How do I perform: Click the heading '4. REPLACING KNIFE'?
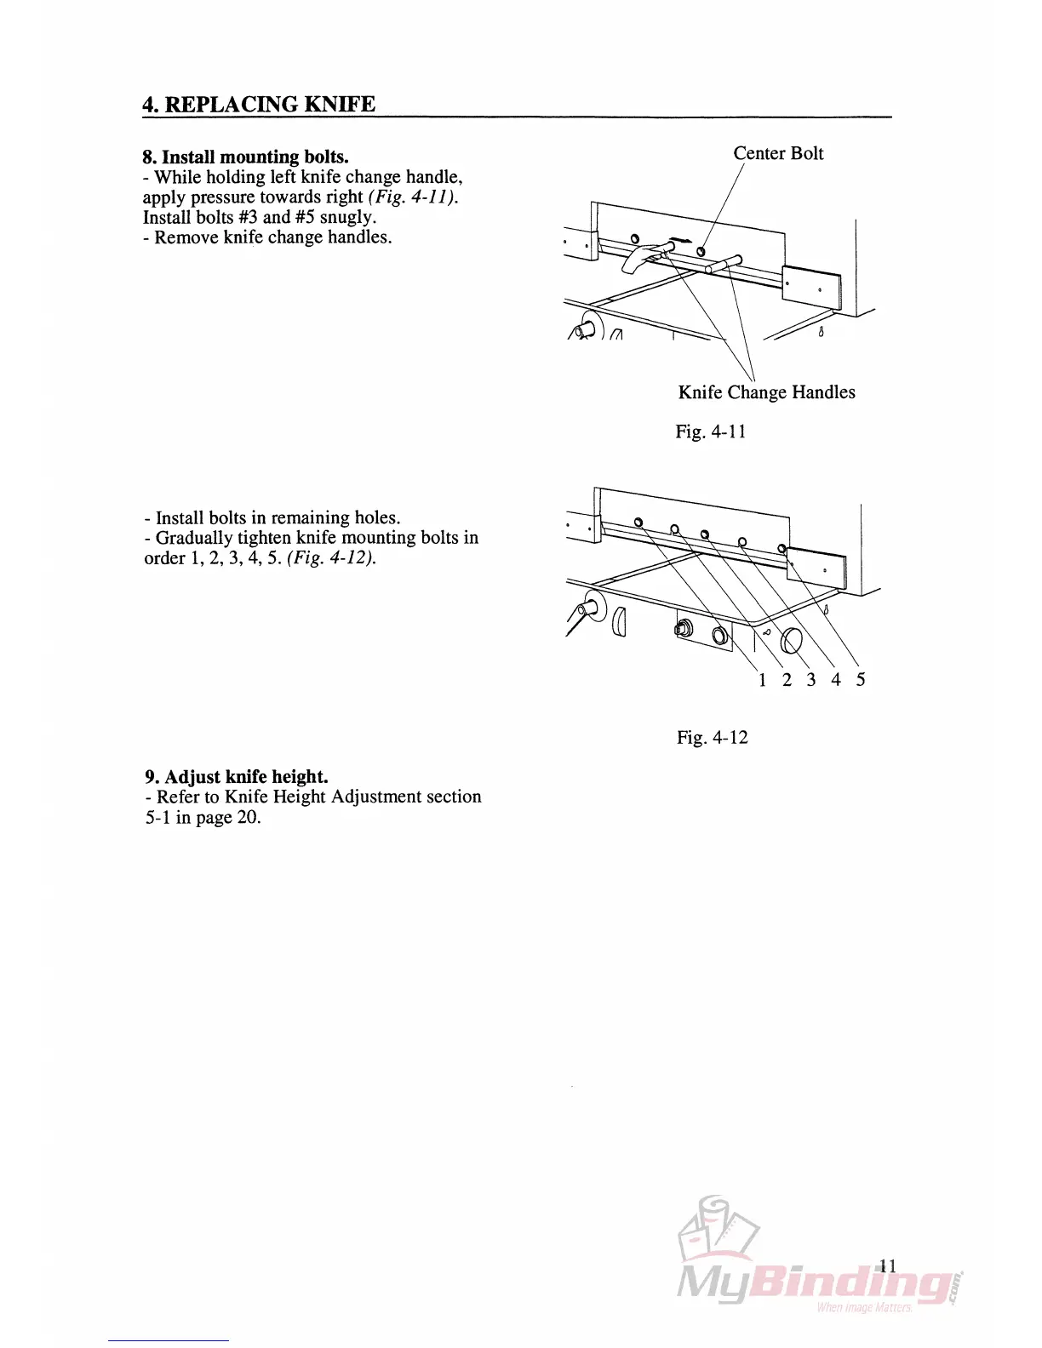point(259,105)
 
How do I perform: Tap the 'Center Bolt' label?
point(778,153)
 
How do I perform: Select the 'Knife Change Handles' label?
point(766,392)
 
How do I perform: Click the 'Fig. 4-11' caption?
point(710,431)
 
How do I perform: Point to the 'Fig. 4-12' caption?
point(712,737)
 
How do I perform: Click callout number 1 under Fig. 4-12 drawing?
point(762,679)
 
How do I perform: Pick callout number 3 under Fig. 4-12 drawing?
point(811,679)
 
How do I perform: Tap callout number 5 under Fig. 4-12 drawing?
point(861,679)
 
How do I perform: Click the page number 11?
point(887,1265)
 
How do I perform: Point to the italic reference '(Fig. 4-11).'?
point(413,197)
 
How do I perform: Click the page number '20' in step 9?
point(248,818)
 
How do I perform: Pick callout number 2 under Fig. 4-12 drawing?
point(787,679)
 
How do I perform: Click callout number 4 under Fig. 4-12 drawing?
point(836,679)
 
